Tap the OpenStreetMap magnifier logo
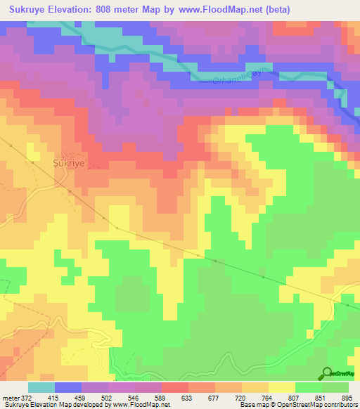pyautogui.click(x=326, y=373)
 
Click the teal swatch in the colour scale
pyautogui.click(x=41, y=387)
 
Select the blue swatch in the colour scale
pyautogui.click(x=68, y=387)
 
